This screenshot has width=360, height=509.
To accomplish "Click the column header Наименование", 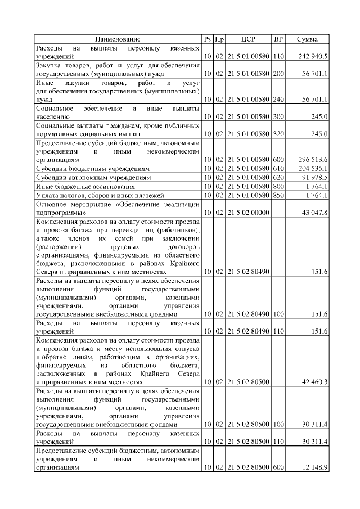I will tap(118, 39).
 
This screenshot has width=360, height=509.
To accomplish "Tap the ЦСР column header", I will tap(248, 39).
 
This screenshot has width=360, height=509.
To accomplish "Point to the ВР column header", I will tap(278, 39).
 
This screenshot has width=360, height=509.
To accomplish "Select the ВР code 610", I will tap(278, 168).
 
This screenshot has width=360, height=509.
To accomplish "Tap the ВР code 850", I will tap(278, 195).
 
